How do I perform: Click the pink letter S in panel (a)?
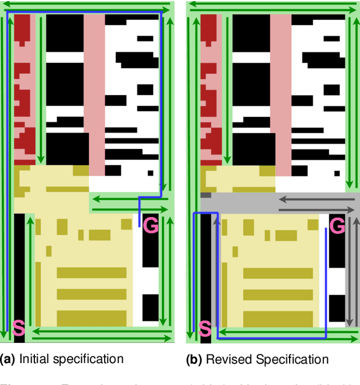pos(19,328)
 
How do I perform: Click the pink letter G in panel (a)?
pos(151,225)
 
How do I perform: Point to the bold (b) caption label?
pos(195,359)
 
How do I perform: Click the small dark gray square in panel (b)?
pos(205,196)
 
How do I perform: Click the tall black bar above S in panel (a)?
pos(19,264)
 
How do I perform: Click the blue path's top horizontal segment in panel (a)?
pos(84,10)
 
